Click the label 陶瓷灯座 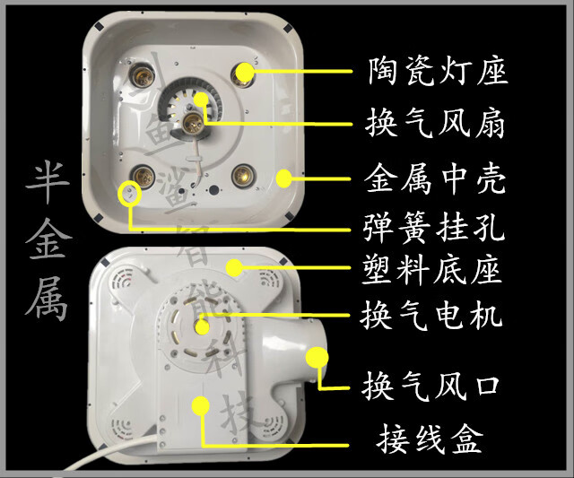[436, 70]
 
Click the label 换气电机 [436, 316]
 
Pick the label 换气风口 [436, 387]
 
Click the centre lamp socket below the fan [192, 124]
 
